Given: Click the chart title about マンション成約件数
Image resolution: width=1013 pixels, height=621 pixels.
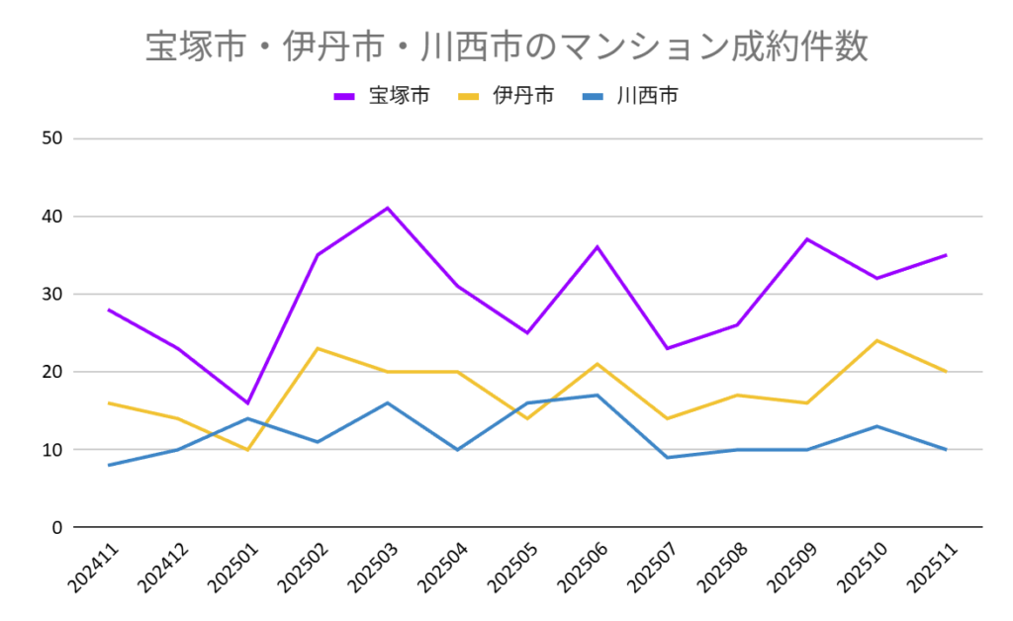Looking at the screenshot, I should (x=506, y=46).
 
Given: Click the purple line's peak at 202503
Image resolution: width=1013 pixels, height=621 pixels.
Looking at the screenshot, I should (x=388, y=208).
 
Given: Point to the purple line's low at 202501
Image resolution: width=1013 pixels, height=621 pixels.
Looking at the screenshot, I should (x=248, y=402).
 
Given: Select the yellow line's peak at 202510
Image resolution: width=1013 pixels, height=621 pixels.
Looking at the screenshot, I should (x=876, y=340).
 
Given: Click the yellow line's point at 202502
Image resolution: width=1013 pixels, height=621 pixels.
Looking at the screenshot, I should (x=319, y=348).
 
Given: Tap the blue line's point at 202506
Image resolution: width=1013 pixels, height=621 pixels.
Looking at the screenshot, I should (x=598, y=396).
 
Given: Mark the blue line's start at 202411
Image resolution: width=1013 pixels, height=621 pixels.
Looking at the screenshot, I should (x=109, y=465).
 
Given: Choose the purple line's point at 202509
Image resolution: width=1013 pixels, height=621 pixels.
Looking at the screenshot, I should (x=807, y=239).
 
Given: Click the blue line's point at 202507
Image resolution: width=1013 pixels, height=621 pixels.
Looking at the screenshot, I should (x=668, y=457).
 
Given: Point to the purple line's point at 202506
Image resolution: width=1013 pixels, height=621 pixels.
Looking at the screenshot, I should (x=598, y=247).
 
